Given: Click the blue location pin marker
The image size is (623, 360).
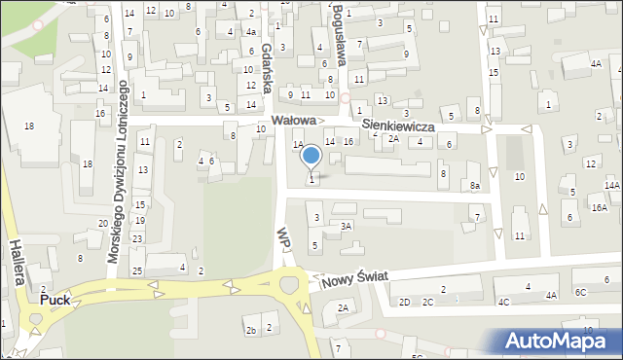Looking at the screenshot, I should pyautogui.click(x=311, y=156).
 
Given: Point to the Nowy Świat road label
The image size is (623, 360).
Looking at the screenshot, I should pyautogui.click(x=351, y=276).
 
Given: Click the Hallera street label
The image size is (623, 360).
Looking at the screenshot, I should pyautogui.click(x=17, y=264).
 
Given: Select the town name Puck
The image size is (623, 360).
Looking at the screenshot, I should pyautogui.click(x=55, y=301).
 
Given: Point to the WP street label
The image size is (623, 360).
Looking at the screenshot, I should pyautogui.click(x=283, y=237).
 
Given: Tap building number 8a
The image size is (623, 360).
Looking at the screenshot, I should pyautogui.click(x=475, y=185).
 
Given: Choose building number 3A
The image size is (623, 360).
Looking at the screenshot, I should pyautogui.click(x=346, y=226).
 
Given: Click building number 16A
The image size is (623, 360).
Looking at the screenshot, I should pyautogui.click(x=599, y=207).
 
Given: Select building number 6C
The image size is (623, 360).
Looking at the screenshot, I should pyautogui.click(x=581, y=292).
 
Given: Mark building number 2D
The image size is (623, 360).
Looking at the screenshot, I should pyautogui.click(x=404, y=302).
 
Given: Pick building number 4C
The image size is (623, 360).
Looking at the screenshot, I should pyautogui.click(x=503, y=302).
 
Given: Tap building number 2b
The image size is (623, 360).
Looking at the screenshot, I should pyautogui.click(x=250, y=331).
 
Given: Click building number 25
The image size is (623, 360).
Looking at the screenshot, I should pyautogui.click(x=137, y=270).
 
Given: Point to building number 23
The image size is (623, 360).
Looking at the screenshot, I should pyautogui.click(x=137, y=238).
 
